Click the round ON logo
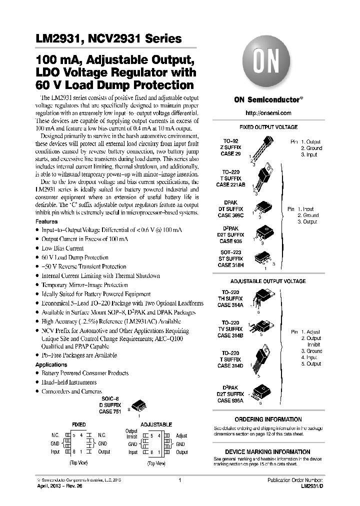268,62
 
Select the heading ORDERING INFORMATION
268,419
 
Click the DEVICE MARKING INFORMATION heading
268,451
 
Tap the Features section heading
46,221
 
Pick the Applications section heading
51,365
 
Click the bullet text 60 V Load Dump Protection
75,257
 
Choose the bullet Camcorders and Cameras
71,391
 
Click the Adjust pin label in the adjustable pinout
181,436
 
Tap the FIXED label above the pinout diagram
79,424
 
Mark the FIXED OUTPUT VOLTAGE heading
268,127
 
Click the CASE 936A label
230,399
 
